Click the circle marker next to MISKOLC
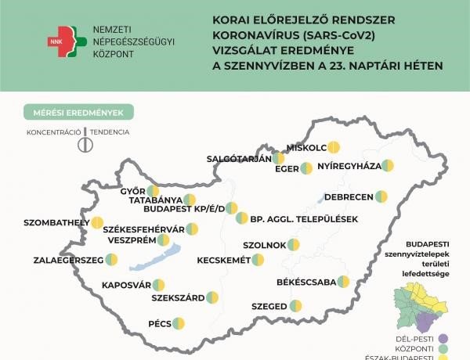tap(334, 147)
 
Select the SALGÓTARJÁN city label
tap(238, 158)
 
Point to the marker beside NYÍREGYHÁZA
tap(387, 166)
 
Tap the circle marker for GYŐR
tap(153, 190)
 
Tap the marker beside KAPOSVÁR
tap(158, 285)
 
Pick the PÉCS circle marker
tap(178, 323)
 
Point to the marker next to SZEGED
tap(295, 306)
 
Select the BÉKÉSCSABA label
tap(306, 281)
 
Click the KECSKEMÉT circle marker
tap(258, 260)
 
